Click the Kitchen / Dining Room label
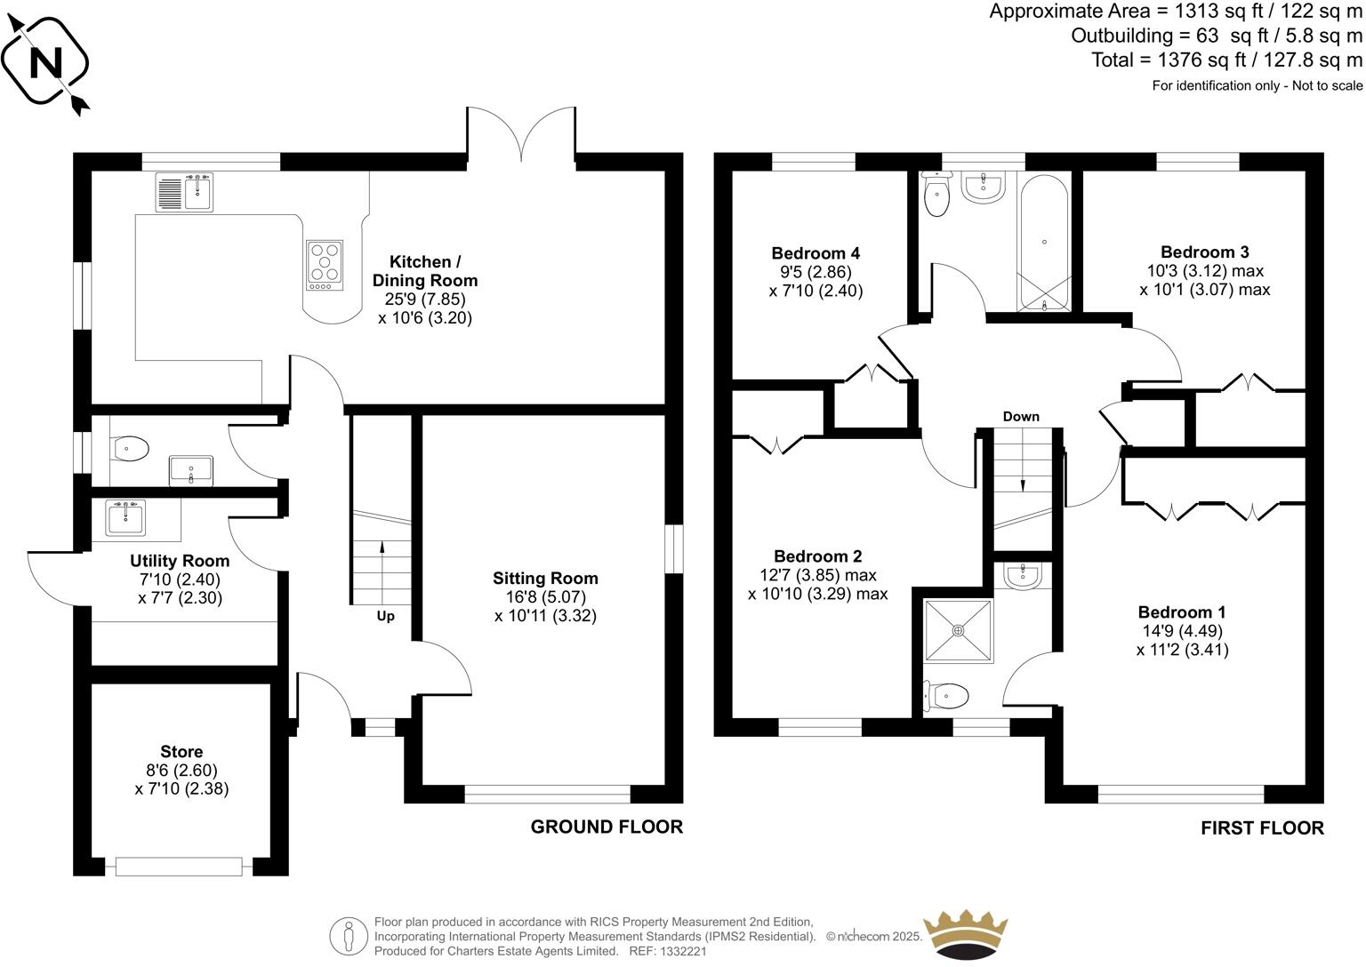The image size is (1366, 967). [424, 271]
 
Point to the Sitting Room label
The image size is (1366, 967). [545, 579]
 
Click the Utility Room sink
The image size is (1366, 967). [125, 517]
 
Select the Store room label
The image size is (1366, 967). [181, 752]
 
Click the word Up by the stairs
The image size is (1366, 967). [385, 616]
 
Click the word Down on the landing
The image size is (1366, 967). [1021, 416]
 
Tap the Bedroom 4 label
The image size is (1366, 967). [816, 253]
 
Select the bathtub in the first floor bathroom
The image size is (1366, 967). [1044, 242]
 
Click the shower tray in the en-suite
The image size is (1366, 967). [958, 630]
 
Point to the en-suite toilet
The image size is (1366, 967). [946, 695]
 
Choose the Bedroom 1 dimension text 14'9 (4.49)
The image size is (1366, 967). [1182, 631]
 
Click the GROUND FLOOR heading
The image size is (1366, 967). [607, 827]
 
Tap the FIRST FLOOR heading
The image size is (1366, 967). [1262, 828]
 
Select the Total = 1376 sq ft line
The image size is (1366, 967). [1226, 60]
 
